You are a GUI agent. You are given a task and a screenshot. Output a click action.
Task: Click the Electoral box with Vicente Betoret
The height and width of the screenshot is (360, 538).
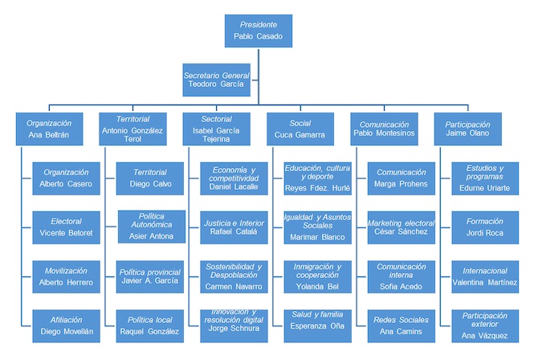coord(67,226)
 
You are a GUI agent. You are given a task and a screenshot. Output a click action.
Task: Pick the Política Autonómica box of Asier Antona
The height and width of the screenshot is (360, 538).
coord(151,226)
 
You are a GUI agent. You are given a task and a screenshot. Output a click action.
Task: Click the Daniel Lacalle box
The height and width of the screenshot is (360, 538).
coord(234,178)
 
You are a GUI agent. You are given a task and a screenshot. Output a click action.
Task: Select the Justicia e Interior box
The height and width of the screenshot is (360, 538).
coord(234,226)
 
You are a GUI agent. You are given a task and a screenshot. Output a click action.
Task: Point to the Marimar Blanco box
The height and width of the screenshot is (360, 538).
coord(318,226)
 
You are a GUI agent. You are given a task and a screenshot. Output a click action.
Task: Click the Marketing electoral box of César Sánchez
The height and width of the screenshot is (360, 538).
coord(401,226)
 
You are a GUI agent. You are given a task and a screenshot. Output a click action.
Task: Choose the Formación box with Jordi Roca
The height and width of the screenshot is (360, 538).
coord(485,226)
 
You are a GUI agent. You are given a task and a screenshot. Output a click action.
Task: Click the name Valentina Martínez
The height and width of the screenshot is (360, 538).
coord(485,282)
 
